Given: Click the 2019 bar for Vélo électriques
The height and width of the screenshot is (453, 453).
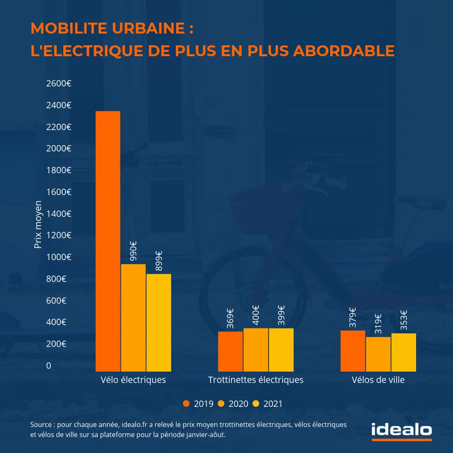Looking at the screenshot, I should click(x=108, y=241).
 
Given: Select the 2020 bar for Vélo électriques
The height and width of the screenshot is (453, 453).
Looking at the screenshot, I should click(x=133, y=318).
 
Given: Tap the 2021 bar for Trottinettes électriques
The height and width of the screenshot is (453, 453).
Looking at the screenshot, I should click(x=281, y=349).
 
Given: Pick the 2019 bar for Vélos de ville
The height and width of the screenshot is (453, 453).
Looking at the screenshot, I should click(x=353, y=351).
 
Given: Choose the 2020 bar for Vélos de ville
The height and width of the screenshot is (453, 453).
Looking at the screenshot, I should click(x=378, y=354).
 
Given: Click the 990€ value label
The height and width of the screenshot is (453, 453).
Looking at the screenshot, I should click(x=134, y=251).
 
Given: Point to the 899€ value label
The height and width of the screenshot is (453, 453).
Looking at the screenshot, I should click(x=159, y=260).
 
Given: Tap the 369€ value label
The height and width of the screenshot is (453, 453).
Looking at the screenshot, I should click(x=230, y=318).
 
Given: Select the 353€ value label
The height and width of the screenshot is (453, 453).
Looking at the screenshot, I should click(x=404, y=320).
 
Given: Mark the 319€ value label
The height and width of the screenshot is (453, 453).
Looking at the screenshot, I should click(x=378, y=324).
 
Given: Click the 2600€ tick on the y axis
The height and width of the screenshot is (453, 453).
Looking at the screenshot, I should click(x=58, y=83).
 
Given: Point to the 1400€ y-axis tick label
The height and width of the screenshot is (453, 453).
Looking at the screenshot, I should click(x=58, y=213).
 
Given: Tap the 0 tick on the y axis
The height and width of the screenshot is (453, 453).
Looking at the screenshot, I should click(x=49, y=366).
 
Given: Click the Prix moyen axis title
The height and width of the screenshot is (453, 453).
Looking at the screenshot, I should click(x=38, y=224).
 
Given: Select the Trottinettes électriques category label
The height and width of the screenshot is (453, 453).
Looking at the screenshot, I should click(x=256, y=380).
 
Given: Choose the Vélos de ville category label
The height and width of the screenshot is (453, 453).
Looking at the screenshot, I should click(x=378, y=380).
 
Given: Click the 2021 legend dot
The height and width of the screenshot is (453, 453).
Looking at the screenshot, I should click(x=256, y=404).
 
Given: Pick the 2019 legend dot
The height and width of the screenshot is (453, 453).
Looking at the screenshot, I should click(x=187, y=404).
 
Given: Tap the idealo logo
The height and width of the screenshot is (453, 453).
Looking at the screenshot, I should click(x=401, y=430).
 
